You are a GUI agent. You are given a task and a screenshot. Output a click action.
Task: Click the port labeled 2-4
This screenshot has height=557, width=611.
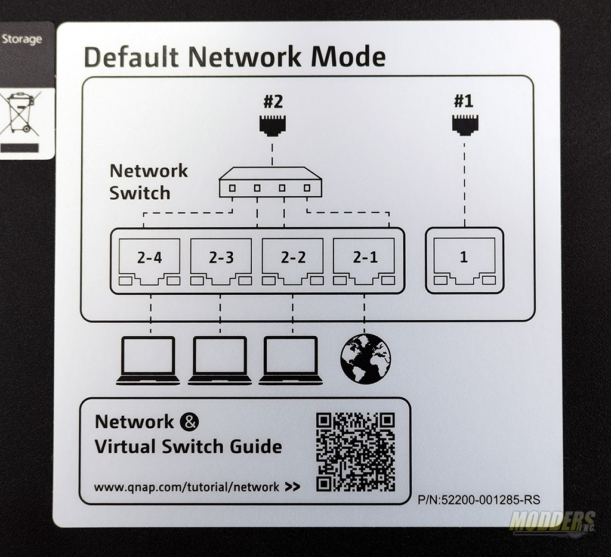(x=149, y=262)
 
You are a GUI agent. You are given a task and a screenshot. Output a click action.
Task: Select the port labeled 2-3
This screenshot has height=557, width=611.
(x=221, y=262)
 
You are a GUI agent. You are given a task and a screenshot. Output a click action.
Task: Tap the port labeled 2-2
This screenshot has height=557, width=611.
(x=292, y=262)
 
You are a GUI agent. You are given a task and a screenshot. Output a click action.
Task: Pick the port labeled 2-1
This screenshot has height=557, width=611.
(x=365, y=262)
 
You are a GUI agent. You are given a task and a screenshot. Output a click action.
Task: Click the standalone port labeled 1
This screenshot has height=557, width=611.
(x=464, y=262)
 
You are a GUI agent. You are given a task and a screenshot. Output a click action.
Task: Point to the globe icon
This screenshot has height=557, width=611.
(x=365, y=359)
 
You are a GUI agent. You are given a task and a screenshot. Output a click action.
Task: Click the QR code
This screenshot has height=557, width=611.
(x=356, y=452)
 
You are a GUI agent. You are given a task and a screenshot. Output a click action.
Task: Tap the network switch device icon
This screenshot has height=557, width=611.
(x=270, y=182)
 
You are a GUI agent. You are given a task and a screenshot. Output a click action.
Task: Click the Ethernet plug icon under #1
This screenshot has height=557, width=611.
(x=465, y=125)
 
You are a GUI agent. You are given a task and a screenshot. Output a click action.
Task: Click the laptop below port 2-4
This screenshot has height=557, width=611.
(x=148, y=361)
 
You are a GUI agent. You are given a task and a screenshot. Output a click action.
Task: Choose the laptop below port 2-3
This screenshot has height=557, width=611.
(x=220, y=361)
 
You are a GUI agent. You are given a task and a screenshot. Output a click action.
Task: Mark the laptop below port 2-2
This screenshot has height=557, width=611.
(x=291, y=361)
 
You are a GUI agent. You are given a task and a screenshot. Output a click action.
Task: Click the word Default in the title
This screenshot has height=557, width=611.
(x=131, y=57)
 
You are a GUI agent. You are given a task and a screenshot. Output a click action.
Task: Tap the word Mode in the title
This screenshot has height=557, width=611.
(x=348, y=57)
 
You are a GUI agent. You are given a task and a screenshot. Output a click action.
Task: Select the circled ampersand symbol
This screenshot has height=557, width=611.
(x=189, y=422)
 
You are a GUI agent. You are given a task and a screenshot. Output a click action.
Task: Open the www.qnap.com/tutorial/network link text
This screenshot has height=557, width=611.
(x=187, y=487)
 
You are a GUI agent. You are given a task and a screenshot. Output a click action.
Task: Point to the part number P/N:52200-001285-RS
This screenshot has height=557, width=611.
(x=479, y=500)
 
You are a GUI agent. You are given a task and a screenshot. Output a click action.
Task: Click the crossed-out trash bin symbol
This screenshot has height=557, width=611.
(x=21, y=113)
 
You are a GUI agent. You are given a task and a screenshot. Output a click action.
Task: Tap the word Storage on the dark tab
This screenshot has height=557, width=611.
(x=22, y=39)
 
